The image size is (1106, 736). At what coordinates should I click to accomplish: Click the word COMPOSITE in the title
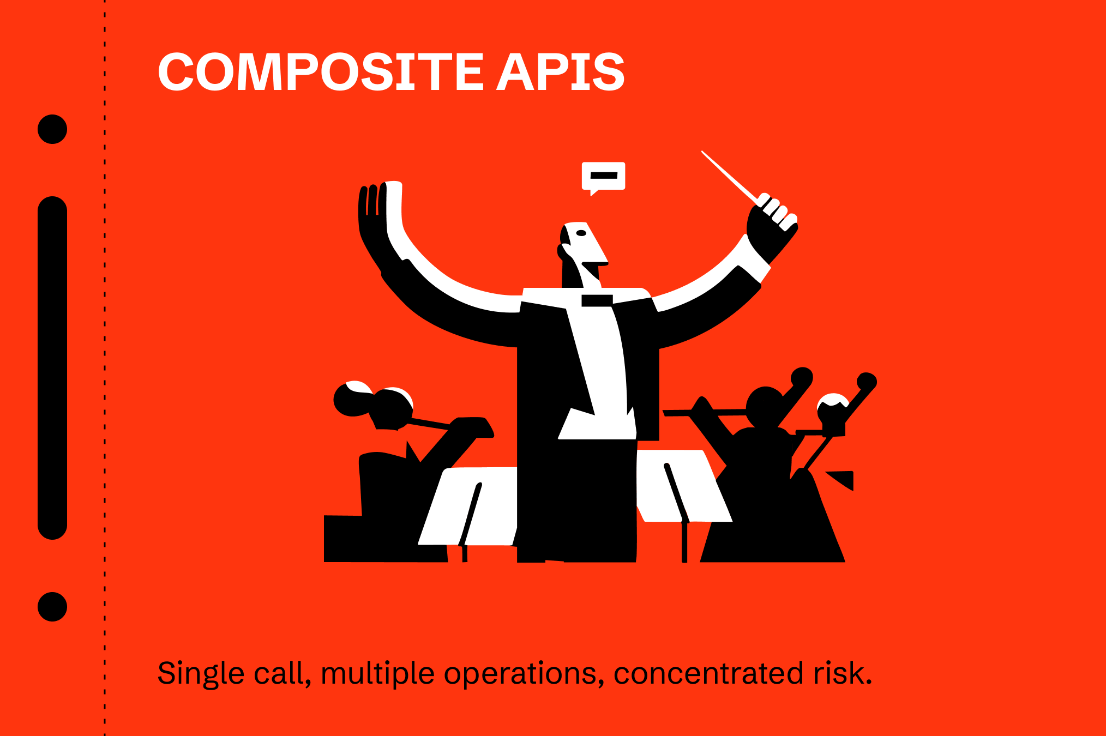[x=321, y=72]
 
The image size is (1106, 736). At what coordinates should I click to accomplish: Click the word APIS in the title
[x=560, y=72]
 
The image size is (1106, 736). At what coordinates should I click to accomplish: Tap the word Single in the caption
[x=201, y=673]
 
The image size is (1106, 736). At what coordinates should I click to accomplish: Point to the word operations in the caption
[x=524, y=673]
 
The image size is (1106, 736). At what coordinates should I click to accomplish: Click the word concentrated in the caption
[x=708, y=673]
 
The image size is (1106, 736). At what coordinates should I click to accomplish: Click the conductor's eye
[x=581, y=233]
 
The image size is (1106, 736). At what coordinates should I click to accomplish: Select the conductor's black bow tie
[x=597, y=300]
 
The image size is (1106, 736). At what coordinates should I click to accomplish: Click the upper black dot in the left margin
[x=52, y=129]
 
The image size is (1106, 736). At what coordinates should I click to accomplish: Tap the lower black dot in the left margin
[x=52, y=607]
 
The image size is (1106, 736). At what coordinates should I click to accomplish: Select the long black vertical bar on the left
[x=52, y=368]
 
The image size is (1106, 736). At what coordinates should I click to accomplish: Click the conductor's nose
[x=600, y=254]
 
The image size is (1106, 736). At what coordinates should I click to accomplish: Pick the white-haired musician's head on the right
[x=832, y=412]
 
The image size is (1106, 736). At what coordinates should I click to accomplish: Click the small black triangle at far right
[x=844, y=480]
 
